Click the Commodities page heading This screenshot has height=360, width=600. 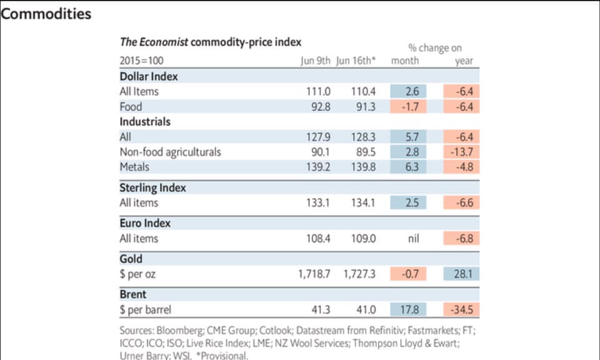point(46,14)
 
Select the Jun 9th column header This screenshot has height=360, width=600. point(316,61)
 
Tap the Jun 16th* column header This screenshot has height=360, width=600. point(357,61)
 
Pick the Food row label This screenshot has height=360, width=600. point(131,106)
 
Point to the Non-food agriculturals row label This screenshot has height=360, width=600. point(170,151)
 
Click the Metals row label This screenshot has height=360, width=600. point(135,166)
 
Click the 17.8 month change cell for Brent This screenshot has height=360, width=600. point(409,309)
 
